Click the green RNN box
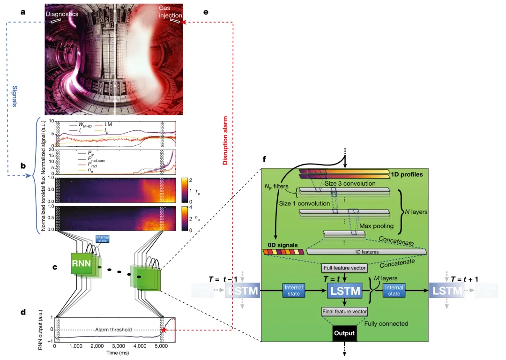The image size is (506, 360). pyautogui.click(x=82, y=265)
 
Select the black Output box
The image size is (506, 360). pyautogui.click(x=344, y=334)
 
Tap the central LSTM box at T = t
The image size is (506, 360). pyautogui.click(x=344, y=291)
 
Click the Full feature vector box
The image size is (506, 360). pyautogui.click(x=344, y=269)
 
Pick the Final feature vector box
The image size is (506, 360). pyautogui.click(x=344, y=311)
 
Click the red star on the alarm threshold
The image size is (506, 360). pyautogui.click(x=164, y=330)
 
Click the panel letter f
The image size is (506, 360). pyautogui.click(x=265, y=159)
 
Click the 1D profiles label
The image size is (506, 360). pyautogui.click(x=409, y=175)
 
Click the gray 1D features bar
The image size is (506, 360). pyautogui.click(x=366, y=252)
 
